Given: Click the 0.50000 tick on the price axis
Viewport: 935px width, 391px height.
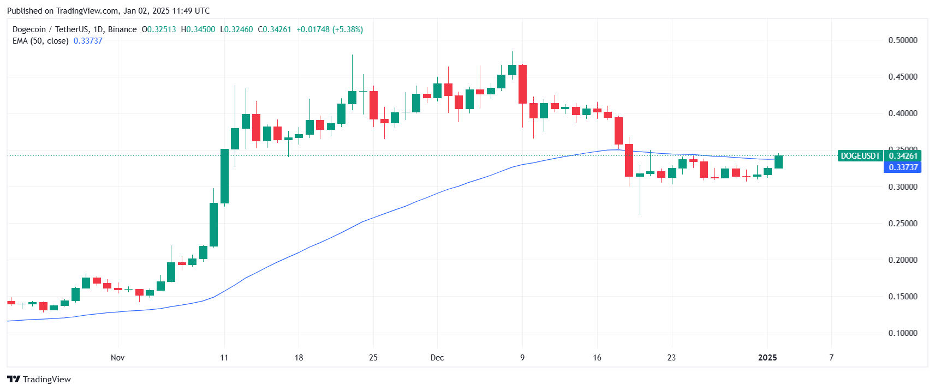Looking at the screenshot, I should coord(902,40).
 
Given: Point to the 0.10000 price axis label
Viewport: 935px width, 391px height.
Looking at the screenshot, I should coord(902,333).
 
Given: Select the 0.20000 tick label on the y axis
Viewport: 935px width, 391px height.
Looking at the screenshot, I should coord(902,260).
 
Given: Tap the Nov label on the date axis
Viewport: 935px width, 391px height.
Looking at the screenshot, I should coord(117,358).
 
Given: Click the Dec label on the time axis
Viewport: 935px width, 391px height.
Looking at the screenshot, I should coord(437,358).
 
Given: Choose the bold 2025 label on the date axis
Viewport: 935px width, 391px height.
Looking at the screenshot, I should coord(767,358).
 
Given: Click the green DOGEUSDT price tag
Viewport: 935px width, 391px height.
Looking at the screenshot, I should coord(860,156).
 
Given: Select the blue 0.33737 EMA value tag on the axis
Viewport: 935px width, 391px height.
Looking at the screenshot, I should coord(903,167).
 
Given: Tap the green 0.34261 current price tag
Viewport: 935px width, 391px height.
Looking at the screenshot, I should coord(903,156).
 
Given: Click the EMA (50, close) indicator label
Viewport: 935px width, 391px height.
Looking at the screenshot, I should coord(40,41).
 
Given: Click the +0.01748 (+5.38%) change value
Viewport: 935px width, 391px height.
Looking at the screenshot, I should coord(330,29).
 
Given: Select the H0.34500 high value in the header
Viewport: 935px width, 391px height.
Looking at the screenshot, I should coord(198,29).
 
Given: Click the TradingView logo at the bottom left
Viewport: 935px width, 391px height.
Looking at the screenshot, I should coord(39,380).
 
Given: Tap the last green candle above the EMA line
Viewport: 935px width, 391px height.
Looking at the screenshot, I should coord(778,162).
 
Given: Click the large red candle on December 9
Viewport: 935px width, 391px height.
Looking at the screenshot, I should coord(522,84).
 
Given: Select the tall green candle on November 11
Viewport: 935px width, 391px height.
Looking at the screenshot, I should coord(224,176).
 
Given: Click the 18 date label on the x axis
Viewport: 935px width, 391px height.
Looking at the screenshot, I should coord(299,358).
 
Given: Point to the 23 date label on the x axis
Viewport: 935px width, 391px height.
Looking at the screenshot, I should coord(671,358).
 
